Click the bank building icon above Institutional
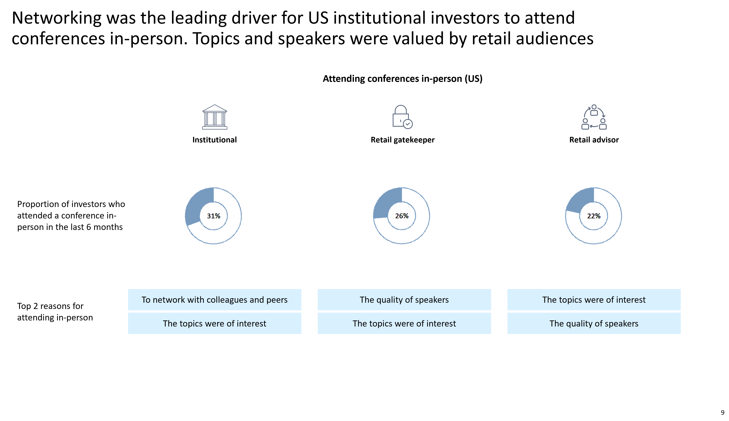(215, 117)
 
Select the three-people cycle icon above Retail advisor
(594, 117)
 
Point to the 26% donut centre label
(402, 216)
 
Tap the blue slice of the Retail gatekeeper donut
(386, 202)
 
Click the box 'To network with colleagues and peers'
(215, 300)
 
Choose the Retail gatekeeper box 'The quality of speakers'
(404, 300)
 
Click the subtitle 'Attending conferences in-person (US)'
(403, 79)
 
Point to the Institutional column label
(215, 140)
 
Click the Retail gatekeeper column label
(403, 140)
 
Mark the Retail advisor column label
(594, 140)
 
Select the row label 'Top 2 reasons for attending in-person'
(55, 312)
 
